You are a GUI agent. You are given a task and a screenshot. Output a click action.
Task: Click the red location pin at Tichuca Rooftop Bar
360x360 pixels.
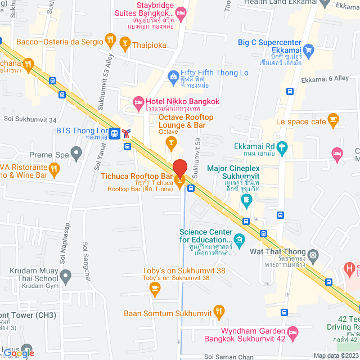(x=179, y=168)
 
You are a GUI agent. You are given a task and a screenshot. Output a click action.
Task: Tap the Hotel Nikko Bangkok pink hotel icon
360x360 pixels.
(x=138, y=102)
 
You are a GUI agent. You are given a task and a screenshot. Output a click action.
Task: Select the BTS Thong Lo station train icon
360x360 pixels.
(x=115, y=133)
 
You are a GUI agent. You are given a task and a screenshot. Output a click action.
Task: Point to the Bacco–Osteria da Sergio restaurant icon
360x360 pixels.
(x=110, y=40)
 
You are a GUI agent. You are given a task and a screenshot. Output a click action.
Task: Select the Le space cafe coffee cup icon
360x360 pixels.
(x=334, y=119)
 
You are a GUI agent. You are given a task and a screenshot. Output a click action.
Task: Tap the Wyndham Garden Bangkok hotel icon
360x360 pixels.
(x=291, y=332)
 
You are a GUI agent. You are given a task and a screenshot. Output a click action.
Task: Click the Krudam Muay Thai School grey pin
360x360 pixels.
(x=66, y=276)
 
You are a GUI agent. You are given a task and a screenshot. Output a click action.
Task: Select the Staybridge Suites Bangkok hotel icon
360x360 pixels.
(x=181, y=12)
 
